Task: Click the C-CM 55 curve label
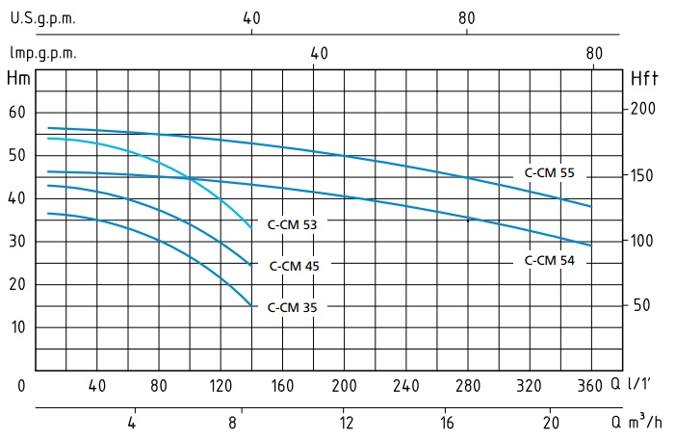click(x=550, y=173)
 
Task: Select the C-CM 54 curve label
click(x=550, y=260)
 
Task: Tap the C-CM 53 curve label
click(x=293, y=223)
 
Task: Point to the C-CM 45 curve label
click(x=293, y=266)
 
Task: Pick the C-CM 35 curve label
click(x=293, y=307)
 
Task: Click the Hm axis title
click(x=17, y=78)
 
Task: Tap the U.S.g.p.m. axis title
click(x=42, y=18)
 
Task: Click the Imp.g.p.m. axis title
click(x=42, y=53)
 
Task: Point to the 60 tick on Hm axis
click(x=16, y=113)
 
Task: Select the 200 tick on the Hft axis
click(x=642, y=109)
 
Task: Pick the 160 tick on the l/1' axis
click(x=282, y=386)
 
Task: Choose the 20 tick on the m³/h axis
click(x=552, y=423)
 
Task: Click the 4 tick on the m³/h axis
click(x=132, y=423)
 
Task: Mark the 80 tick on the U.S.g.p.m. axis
click(x=466, y=18)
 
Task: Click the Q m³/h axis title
click(x=638, y=423)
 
